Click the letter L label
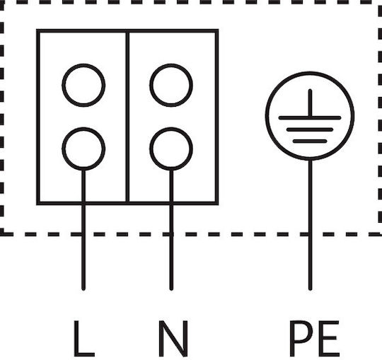coord(83,338)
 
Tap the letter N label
coord(173,339)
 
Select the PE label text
coord(314,339)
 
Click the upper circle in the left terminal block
coord(63,86)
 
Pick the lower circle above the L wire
coord(63,149)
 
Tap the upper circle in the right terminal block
coord(150,86)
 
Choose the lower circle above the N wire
coord(150,149)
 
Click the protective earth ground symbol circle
coord(266,116)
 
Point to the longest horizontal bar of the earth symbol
coord(310,118)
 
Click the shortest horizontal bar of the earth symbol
coord(310,141)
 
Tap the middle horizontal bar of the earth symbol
coord(310,129)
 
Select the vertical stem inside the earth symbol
coord(310,103)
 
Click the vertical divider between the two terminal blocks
coord(127,117)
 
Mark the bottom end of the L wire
coord(83,289)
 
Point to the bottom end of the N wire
coord(171,289)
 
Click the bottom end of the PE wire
coord(310,289)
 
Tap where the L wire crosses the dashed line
coord(83,234)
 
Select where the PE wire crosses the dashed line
coord(310,234)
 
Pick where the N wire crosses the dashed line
coord(171,234)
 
